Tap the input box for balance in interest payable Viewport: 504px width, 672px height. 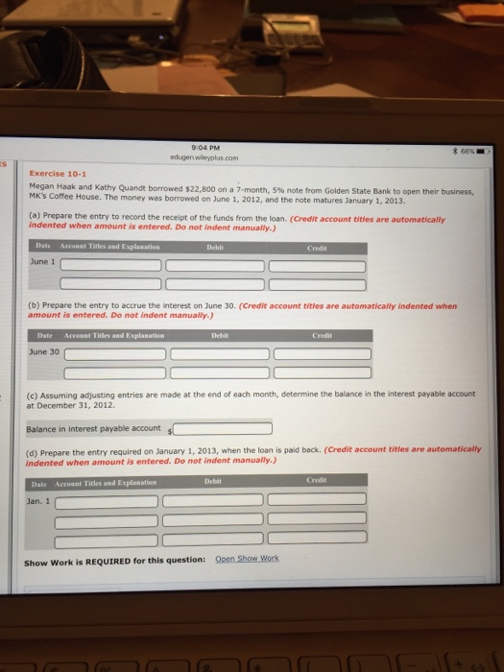[x=222, y=429]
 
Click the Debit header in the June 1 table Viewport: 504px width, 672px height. [x=213, y=246]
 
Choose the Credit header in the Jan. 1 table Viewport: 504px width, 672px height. [x=317, y=478]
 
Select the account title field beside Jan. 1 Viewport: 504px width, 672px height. [x=105, y=499]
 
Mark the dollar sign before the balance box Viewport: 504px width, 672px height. [x=169, y=431]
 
